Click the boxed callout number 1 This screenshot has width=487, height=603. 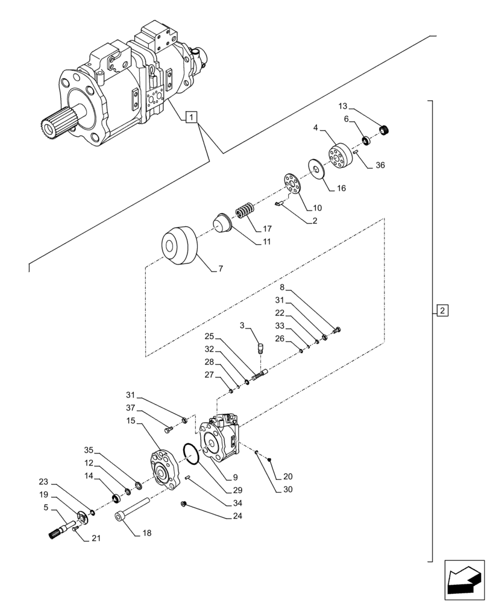[x=191, y=117]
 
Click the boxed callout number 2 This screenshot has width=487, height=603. [x=442, y=311]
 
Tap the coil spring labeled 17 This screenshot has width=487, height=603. [x=245, y=212]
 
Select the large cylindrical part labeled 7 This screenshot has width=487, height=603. [x=178, y=247]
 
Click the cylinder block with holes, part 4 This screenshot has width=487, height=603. [x=340, y=156]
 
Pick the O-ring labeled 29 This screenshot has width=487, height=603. [x=189, y=454]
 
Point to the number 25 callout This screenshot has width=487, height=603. [x=209, y=336]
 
